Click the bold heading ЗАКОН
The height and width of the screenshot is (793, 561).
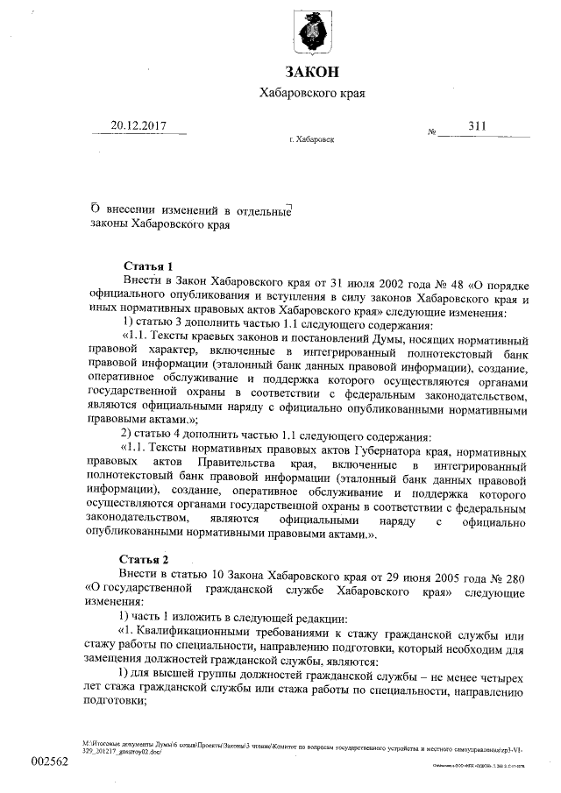(311, 71)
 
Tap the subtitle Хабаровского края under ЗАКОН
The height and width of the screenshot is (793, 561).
(312, 93)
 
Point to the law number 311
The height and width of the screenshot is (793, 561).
(476, 126)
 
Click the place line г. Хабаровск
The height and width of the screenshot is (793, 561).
(311, 139)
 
